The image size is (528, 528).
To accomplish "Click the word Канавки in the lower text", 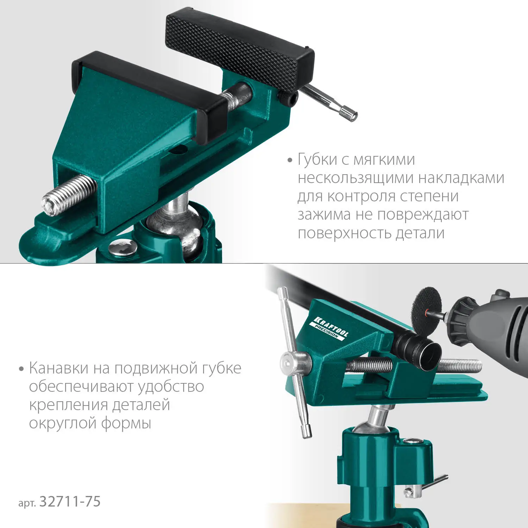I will pos(59,368).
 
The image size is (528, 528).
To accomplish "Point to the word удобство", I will pos(171,386).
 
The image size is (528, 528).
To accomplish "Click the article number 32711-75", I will pos(70,501).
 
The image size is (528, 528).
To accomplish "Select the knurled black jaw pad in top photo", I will pos(239,49).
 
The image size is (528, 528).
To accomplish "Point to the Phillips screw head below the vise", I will pos(122,247).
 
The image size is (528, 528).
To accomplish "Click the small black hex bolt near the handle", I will pos(288,98).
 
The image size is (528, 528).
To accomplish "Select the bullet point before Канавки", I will pos(21,369).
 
